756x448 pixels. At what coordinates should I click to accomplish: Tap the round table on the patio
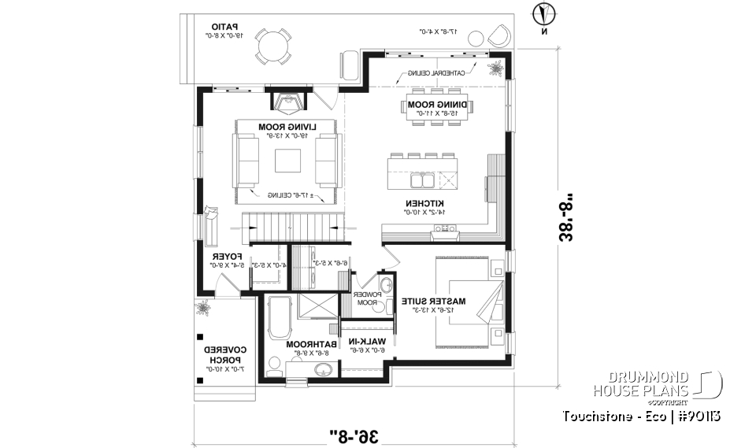(273, 47)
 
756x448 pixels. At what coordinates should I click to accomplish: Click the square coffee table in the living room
(287, 160)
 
